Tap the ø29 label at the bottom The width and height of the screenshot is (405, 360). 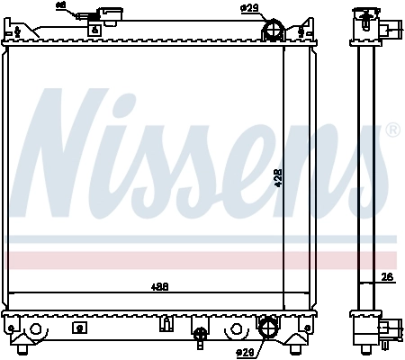tap(243, 352)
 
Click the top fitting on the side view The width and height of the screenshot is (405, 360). tap(370, 22)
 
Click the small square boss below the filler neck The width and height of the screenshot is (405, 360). tap(94, 29)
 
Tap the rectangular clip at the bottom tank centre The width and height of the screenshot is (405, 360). tap(166, 324)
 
